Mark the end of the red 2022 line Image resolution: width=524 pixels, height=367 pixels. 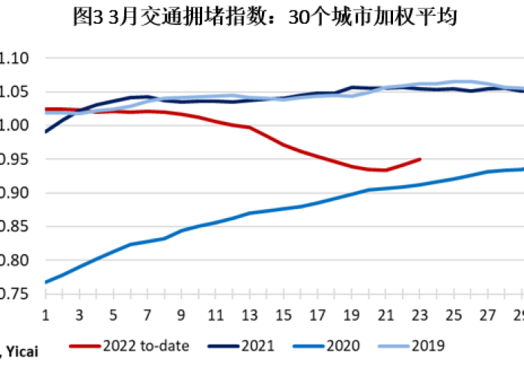[x=420, y=159]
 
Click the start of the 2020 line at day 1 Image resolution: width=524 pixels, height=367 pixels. [x=46, y=282]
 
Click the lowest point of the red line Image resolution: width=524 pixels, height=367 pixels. [x=385, y=170]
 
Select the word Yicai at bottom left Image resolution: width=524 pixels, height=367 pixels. [x=24, y=350]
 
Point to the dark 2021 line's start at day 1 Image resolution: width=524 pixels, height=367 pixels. [x=46, y=132]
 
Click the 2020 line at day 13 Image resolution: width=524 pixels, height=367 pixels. [x=249, y=213]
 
